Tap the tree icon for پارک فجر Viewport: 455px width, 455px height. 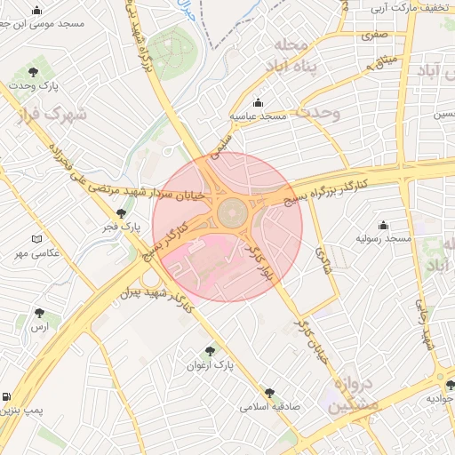coord(122,213)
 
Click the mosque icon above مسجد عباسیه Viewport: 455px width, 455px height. coord(259,102)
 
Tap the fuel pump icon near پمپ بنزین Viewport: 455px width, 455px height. coord(7,396)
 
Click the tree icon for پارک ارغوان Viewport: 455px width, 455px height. coord(210,350)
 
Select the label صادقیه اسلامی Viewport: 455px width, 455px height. coord(270,405)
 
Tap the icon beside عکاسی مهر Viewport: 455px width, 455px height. coord(36,239)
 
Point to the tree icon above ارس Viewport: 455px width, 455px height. coord(39,313)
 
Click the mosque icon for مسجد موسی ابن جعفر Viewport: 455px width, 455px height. coord(36,12)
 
